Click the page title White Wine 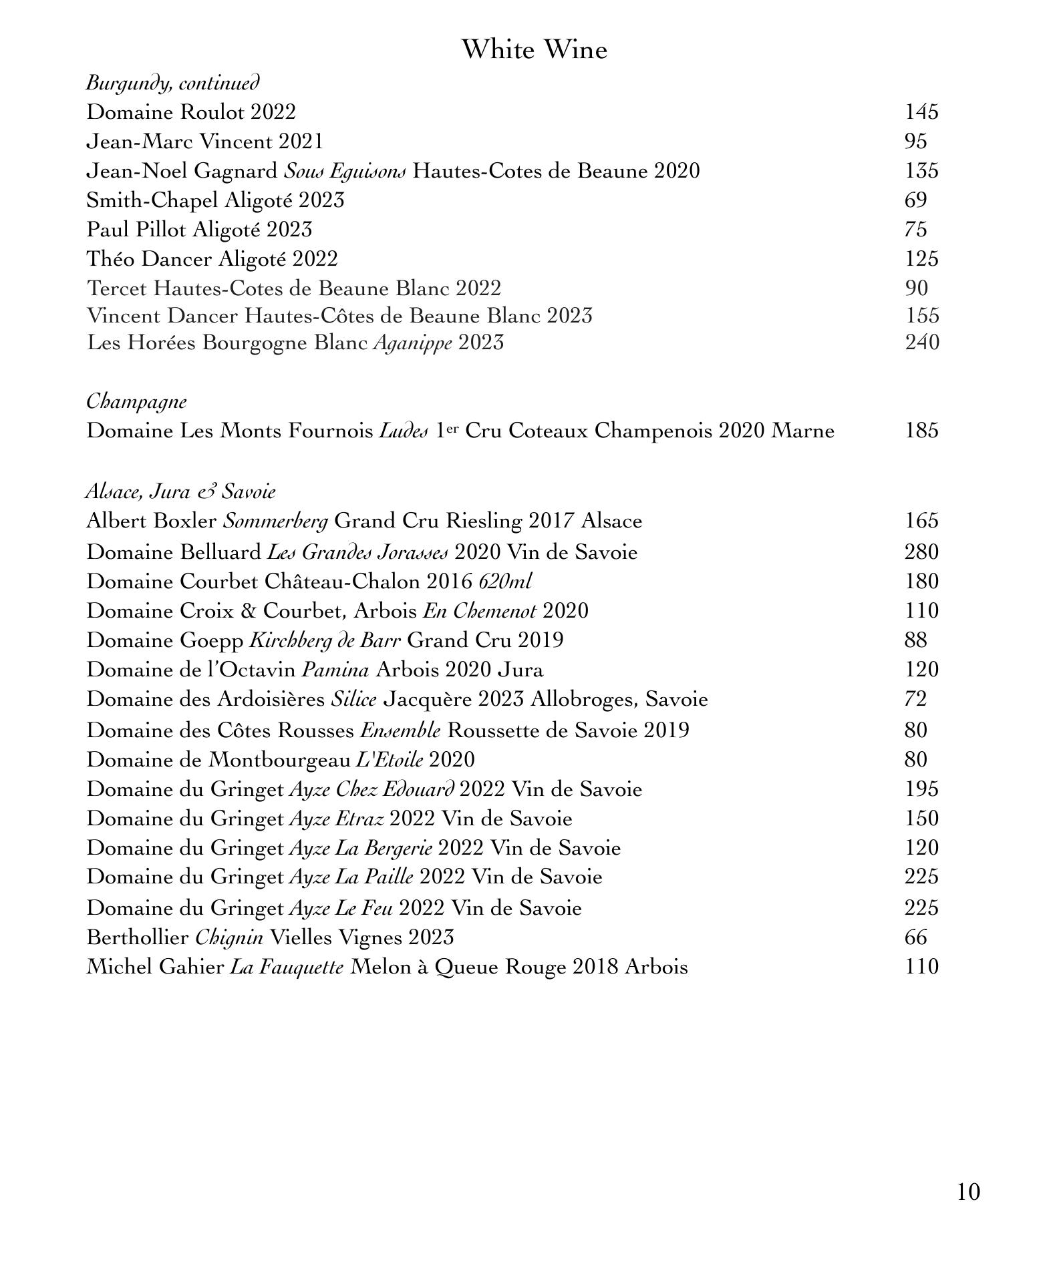pos(534,50)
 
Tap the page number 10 pos(968,1191)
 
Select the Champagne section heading pos(136,402)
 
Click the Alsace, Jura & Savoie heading pos(180,492)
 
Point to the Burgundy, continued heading pos(172,83)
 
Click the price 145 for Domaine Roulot pos(921,112)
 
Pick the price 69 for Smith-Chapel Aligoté pos(915,200)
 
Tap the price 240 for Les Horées pos(921,343)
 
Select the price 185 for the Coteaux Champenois pos(921,431)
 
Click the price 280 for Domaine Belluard pos(921,552)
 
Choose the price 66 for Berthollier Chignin pos(915,937)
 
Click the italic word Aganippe pos(412,343)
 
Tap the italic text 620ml pos(505,582)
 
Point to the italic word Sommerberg pos(275,521)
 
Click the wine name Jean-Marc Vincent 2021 pos(204,142)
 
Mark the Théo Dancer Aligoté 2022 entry pos(212,259)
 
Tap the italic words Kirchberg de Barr pos(325,640)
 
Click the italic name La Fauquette pos(287,967)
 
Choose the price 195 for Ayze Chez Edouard pos(921,789)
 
